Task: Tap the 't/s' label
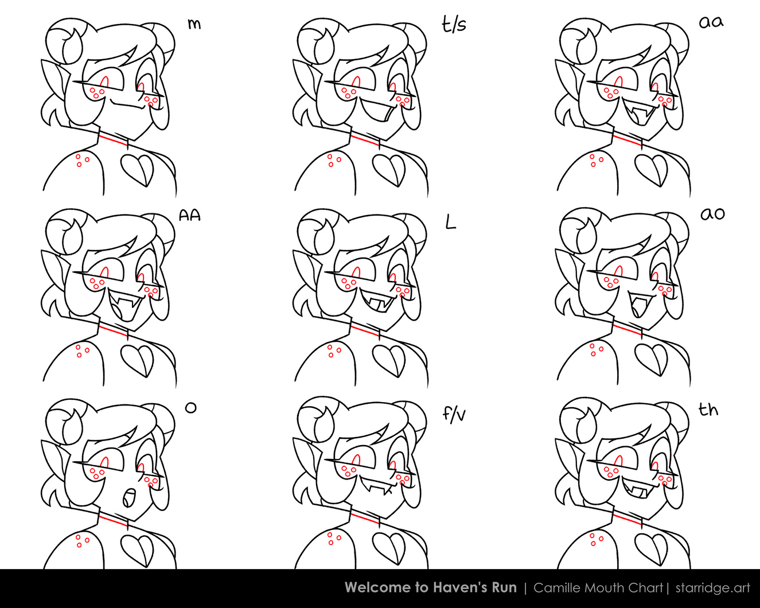pos(454,25)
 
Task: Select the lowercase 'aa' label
pos(711,22)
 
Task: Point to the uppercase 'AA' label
pos(190,215)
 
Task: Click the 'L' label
pos(451,222)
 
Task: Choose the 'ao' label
pos(712,214)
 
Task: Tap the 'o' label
pos(190,408)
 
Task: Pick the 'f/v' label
pos(454,415)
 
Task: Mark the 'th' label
pos(708,410)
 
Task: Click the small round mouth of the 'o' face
pos(129,497)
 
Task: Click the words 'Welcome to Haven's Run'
pos(431,588)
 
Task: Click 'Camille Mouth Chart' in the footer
pos(598,588)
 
